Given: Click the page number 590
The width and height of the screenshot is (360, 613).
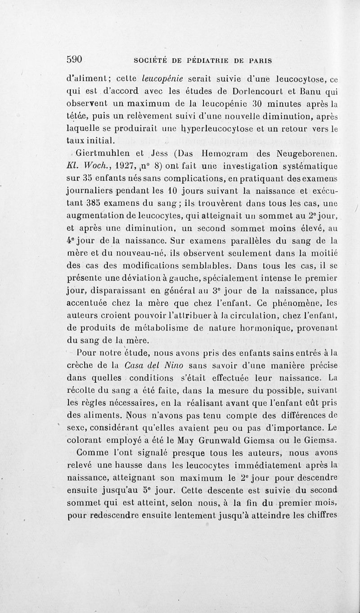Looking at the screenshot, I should tap(76, 59).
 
